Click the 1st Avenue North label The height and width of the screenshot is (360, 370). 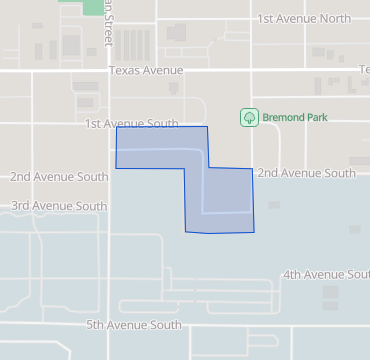click(x=304, y=19)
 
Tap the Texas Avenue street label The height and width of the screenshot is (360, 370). click(x=146, y=70)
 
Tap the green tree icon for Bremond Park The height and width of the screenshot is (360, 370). click(x=248, y=117)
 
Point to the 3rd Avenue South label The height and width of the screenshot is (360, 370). click(x=59, y=206)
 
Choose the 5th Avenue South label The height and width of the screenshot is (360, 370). click(x=133, y=325)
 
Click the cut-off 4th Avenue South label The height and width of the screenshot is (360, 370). click(x=326, y=274)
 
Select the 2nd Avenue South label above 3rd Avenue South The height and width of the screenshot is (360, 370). click(x=59, y=177)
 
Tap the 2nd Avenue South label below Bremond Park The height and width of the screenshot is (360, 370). click(x=306, y=173)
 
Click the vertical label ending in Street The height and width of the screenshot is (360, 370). click(x=104, y=22)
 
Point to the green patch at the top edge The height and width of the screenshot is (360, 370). click(x=92, y=6)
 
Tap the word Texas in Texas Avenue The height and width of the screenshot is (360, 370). click(x=124, y=70)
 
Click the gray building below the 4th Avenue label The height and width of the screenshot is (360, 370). click(x=330, y=298)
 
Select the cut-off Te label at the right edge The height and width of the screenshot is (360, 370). click(x=364, y=70)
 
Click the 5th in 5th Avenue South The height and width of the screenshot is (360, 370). click(x=96, y=325)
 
